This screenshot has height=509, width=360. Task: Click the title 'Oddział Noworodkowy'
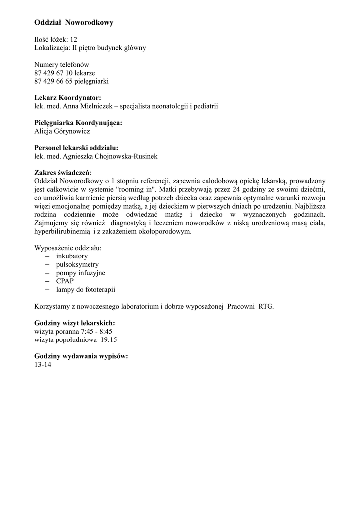click(x=74, y=23)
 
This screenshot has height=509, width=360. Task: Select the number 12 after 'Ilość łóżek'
click(x=74, y=39)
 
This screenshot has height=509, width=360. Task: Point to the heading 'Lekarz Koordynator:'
click(x=68, y=98)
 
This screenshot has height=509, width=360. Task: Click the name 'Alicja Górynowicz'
click(x=62, y=131)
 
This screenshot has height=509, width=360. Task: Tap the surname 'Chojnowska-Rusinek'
click(x=126, y=156)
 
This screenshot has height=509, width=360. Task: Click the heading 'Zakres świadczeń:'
click(x=63, y=172)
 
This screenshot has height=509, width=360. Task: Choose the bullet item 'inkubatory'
click(x=72, y=256)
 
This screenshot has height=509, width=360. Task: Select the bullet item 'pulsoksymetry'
click(x=77, y=264)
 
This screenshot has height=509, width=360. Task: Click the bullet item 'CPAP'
click(x=65, y=281)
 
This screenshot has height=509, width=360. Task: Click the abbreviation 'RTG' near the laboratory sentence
click(x=266, y=306)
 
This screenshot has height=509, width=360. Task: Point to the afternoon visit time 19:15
click(x=109, y=339)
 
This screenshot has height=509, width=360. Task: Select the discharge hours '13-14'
click(x=43, y=364)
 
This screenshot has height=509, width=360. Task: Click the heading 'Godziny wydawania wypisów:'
click(x=81, y=356)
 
